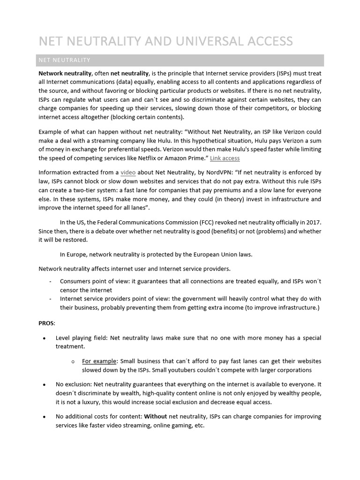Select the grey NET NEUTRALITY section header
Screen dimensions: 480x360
(180, 60)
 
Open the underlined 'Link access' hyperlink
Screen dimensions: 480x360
(225, 158)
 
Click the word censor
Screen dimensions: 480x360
(70, 290)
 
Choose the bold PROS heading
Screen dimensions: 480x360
(46, 323)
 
